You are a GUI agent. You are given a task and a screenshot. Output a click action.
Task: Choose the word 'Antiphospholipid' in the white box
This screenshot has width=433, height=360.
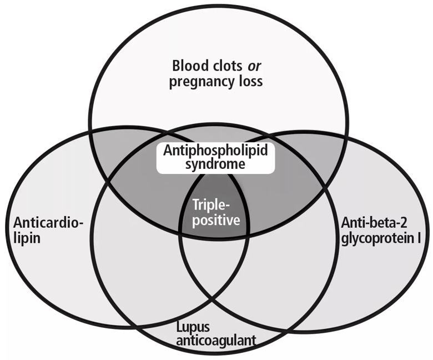[x=215, y=151]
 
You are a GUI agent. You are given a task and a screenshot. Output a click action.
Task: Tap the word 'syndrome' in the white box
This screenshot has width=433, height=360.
[x=215, y=164]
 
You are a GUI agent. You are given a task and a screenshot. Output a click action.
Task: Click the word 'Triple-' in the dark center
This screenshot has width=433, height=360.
[x=212, y=205]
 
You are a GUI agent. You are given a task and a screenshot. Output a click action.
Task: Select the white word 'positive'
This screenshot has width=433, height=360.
[x=216, y=220]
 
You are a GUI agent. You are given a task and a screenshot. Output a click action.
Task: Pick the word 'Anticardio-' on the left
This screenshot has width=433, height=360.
[x=49, y=222]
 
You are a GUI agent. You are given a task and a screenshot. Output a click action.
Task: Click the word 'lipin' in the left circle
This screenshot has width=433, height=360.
[x=27, y=238]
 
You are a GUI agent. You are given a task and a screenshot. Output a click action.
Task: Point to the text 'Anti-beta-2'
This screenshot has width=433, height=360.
[x=374, y=222]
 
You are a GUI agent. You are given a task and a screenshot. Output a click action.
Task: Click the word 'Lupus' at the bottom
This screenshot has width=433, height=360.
[x=193, y=328]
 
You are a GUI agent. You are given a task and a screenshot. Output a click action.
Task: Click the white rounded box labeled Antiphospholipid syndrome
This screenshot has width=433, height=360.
[x=216, y=158]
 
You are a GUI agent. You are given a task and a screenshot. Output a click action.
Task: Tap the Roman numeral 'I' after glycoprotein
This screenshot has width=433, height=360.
[x=419, y=237]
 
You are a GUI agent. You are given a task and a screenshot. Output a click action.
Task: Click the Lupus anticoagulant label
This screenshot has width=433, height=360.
[x=216, y=334]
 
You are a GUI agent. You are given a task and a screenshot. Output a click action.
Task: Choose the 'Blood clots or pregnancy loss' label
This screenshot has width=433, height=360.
[x=216, y=74]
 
